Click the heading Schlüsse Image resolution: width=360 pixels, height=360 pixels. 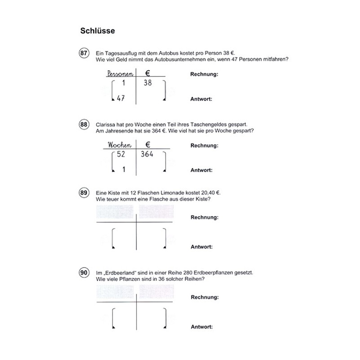click(x=99, y=31)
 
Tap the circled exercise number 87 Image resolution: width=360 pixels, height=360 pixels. click(x=84, y=54)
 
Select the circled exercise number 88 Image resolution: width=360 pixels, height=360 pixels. click(x=84, y=125)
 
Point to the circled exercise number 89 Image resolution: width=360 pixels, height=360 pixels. click(x=84, y=194)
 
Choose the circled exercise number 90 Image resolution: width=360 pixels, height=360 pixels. click(x=84, y=274)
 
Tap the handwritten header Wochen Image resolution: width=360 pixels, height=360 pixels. click(x=119, y=145)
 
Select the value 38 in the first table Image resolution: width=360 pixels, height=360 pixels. click(x=147, y=83)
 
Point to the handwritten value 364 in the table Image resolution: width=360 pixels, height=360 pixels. click(x=147, y=154)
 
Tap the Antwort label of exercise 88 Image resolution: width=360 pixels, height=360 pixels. click(x=201, y=171)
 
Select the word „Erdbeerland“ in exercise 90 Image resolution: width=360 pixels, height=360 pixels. click(x=118, y=272)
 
